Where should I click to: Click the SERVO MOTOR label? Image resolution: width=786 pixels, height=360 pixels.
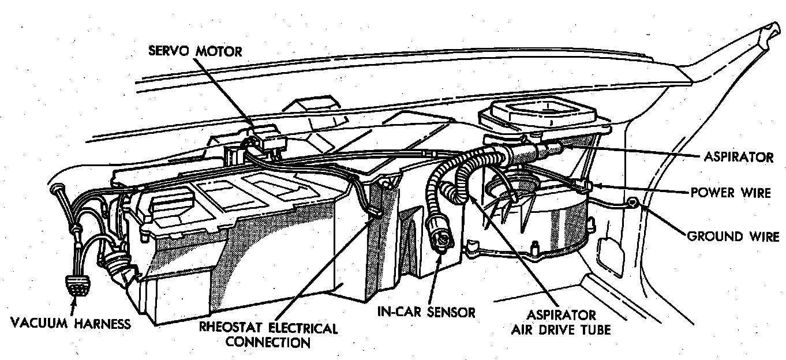[195, 51]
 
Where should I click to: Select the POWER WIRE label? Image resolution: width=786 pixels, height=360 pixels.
[731, 193]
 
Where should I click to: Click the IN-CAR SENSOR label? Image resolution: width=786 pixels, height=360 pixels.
[426, 312]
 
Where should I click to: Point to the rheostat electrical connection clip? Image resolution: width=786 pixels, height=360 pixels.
[374, 213]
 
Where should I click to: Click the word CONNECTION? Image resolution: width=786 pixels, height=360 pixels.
[267, 342]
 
